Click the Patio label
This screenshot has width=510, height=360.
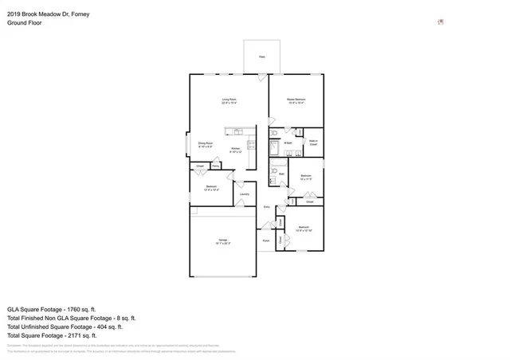click(262, 57)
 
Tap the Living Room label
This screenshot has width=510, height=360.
click(229, 100)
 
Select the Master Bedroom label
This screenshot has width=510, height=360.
click(296, 100)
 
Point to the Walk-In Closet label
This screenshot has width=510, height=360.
click(313, 143)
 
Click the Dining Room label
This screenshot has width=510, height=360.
click(206, 144)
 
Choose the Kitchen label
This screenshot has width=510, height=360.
click(236, 150)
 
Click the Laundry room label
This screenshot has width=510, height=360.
click(245, 194)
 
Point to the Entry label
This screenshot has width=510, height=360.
click(266, 206)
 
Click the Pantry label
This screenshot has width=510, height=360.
click(216, 166)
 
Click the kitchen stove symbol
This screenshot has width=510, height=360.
click(251, 145)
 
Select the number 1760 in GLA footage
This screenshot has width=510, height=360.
click(69, 308)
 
